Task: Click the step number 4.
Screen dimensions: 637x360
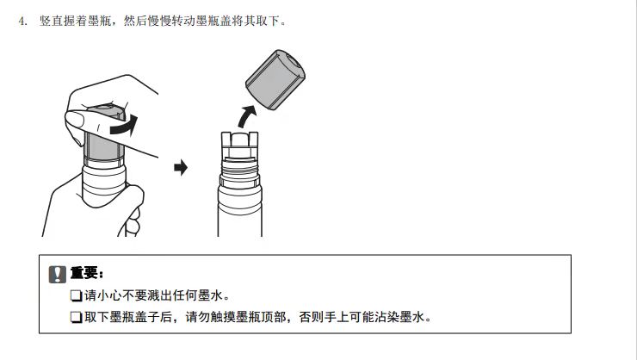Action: click(22, 21)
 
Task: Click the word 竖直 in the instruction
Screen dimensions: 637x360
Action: click(51, 21)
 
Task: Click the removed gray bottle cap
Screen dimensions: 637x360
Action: click(275, 79)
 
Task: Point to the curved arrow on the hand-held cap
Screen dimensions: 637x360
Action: click(124, 125)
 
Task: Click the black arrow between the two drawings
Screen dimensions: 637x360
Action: click(181, 167)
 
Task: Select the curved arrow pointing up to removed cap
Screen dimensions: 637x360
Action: click(246, 115)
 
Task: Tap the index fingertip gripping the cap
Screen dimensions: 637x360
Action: click(75, 121)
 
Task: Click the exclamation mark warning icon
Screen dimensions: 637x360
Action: click(58, 275)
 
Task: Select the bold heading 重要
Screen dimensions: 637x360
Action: click(83, 273)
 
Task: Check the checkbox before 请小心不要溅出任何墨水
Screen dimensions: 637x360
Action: click(76, 295)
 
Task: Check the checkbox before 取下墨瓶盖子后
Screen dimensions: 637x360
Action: click(76, 317)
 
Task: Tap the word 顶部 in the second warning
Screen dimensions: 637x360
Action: click(274, 317)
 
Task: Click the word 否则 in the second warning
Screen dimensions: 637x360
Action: click(312, 317)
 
